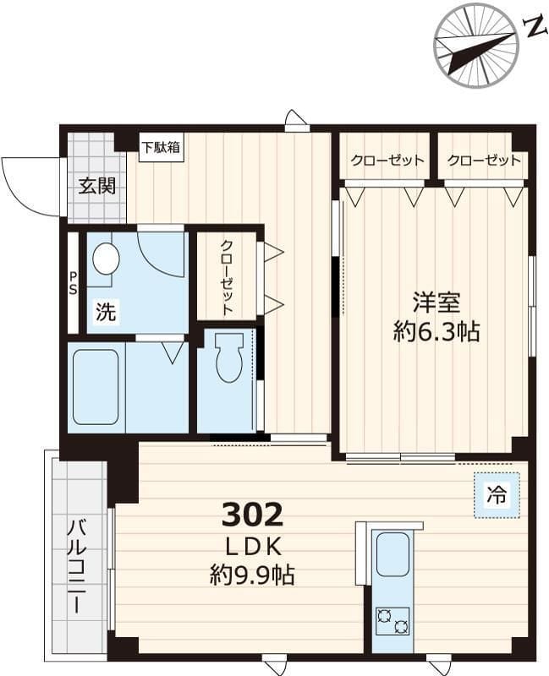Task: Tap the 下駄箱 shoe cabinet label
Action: click(160, 147)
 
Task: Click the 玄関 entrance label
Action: click(96, 187)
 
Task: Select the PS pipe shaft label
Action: click(74, 283)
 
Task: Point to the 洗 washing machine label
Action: click(105, 312)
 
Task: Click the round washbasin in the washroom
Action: click(106, 259)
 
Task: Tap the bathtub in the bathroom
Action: click(96, 387)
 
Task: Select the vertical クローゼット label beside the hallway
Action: click(228, 277)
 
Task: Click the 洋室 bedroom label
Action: click(436, 303)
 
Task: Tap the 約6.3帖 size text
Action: click(436, 331)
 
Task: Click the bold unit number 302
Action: click(252, 513)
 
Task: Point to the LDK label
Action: click(252, 545)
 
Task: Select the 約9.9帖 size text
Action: click(252, 576)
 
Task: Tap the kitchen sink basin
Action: click(393, 554)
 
